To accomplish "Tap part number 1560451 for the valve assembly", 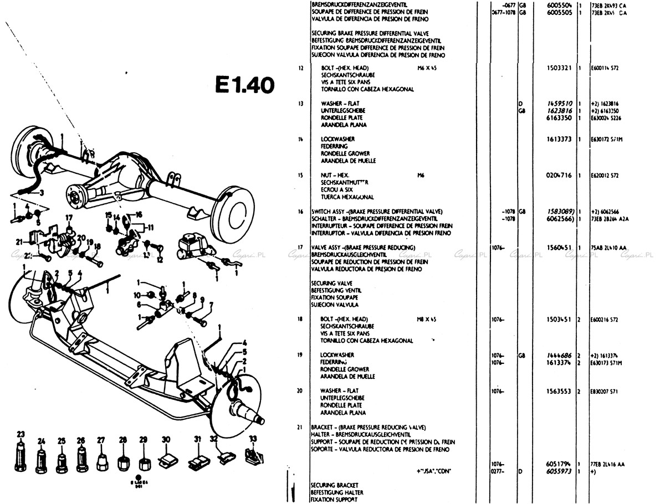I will point(560,247).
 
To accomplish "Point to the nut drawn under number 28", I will point(123,460).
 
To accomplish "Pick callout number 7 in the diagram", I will point(210,306).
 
